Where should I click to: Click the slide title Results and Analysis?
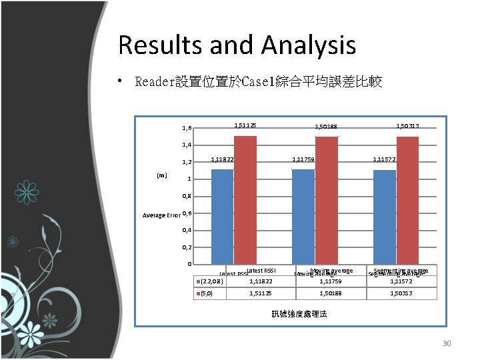coord(237,45)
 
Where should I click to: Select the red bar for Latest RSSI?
coord(245,199)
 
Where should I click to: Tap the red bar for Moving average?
coord(327,199)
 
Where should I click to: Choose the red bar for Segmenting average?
coord(407,199)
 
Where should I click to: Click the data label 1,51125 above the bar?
coord(245,125)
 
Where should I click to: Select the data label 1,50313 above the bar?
coord(407,125)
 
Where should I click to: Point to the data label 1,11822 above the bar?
coord(222,159)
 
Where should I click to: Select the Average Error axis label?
coord(161,215)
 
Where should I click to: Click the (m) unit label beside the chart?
coord(161,175)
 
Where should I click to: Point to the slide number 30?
coord(447,344)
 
